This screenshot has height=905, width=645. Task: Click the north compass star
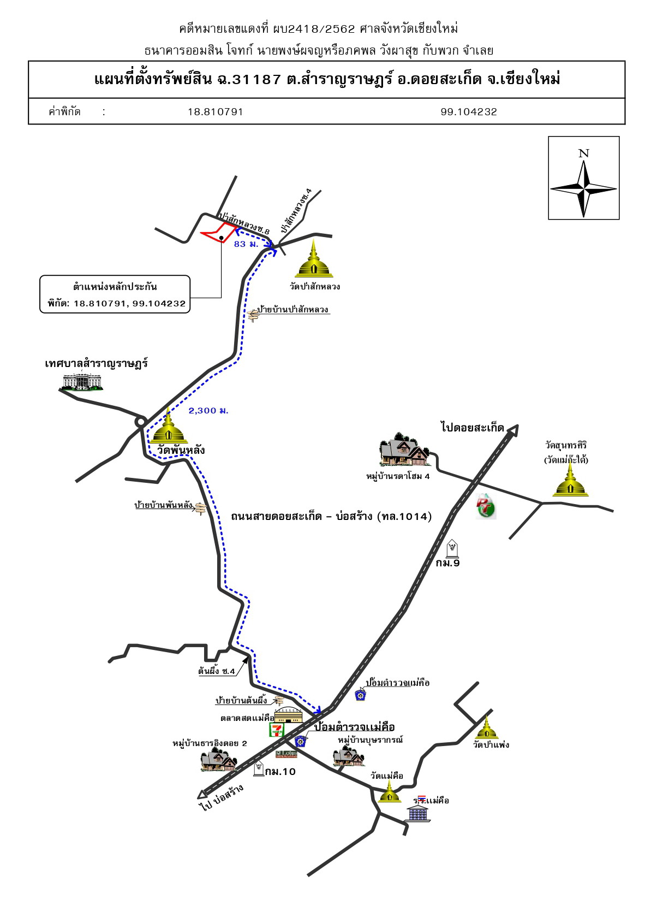[x=583, y=188]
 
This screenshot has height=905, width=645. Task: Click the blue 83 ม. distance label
[x=246, y=244]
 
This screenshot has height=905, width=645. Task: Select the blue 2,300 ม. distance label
[x=208, y=411]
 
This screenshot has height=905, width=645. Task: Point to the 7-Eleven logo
[x=277, y=730]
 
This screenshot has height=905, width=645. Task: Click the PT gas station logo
[x=486, y=506]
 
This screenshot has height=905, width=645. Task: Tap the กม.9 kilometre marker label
[x=447, y=563]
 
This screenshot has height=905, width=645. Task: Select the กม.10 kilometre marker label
[x=280, y=772]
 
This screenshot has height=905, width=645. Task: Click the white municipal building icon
[x=82, y=381]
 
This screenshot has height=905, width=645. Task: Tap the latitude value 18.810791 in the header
[x=215, y=112]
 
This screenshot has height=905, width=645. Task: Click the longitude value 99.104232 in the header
[x=469, y=112]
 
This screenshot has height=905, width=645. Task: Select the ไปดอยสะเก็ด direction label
[x=472, y=428]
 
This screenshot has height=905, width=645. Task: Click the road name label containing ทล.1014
[x=331, y=516]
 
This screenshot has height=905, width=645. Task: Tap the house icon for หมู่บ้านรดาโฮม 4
[x=404, y=449]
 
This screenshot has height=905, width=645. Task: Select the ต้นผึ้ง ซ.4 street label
[x=216, y=671]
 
